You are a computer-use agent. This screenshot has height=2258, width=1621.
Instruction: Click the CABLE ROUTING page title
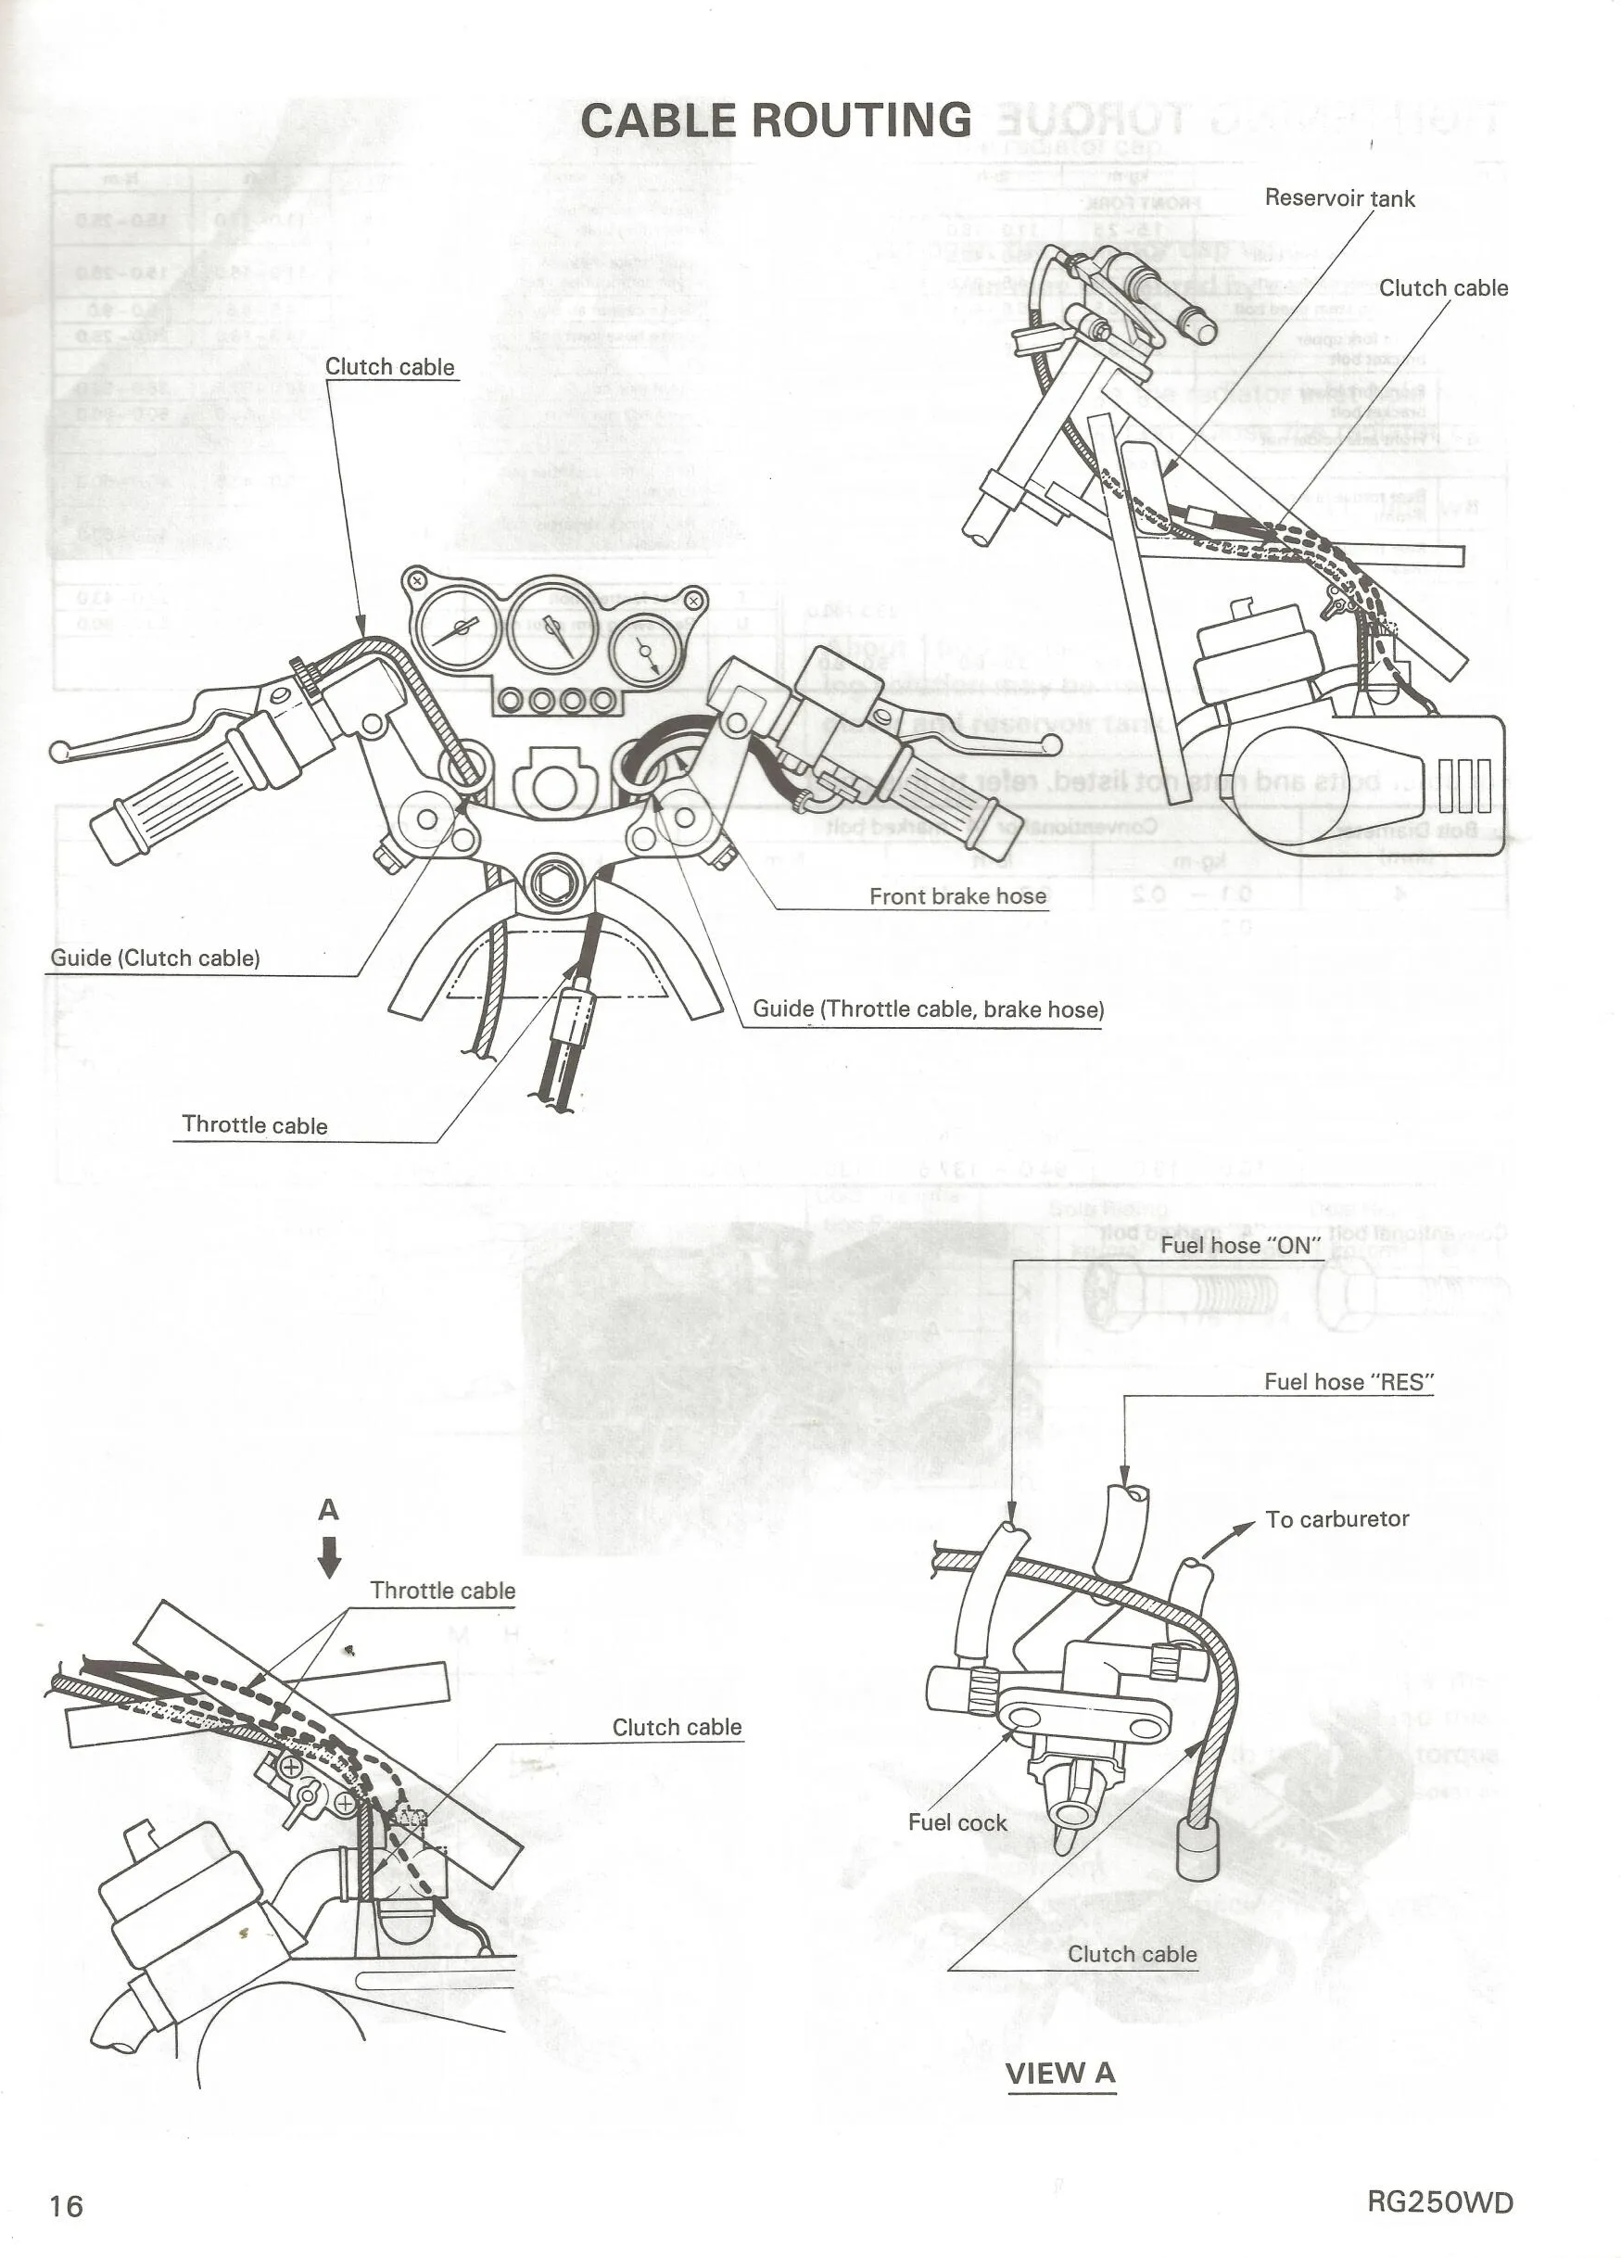click(776, 120)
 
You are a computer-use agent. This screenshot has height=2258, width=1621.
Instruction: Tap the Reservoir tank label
click(1338, 198)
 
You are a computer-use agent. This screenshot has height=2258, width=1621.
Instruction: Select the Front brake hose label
click(956, 896)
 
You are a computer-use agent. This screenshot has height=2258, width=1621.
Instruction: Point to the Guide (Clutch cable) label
click(156, 958)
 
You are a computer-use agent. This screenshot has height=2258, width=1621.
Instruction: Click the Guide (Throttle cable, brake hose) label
click(927, 1008)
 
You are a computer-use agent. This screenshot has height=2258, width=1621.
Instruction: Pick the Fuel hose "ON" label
click(1241, 1245)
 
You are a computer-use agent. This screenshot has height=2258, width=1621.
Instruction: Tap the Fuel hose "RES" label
click(1349, 1381)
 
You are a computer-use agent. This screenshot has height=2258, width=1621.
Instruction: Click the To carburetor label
click(1336, 1518)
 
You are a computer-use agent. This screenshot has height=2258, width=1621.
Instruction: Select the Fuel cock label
click(956, 1822)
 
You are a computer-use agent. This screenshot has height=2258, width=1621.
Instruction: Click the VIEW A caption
click(1060, 2074)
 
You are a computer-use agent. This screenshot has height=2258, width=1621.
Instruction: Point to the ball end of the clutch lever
click(57, 750)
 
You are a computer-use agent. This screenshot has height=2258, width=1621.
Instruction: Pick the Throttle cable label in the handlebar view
click(255, 1125)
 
